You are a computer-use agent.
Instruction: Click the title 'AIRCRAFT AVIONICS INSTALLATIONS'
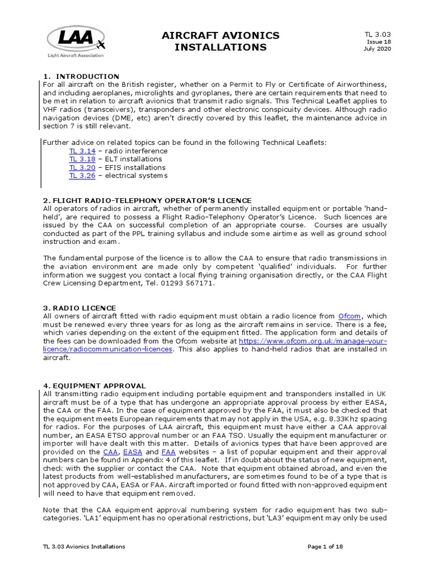pyautogui.click(x=220, y=41)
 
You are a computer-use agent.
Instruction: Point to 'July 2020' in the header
pyautogui.click(x=377, y=49)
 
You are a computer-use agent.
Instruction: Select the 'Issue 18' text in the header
pyautogui.click(x=379, y=41)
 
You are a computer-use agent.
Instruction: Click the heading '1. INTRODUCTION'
pyautogui.click(x=81, y=76)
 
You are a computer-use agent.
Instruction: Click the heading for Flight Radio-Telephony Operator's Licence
pyautogui.click(x=147, y=200)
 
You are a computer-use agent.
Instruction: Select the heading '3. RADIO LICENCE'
pyautogui.click(x=80, y=308)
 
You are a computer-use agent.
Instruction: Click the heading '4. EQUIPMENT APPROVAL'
pyautogui.click(x=94, y=386)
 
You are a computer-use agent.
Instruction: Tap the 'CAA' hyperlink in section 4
pyautogui.click(x=111, y=451)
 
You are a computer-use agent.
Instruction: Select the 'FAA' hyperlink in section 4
pyautogui.click(x=168, y=451)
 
